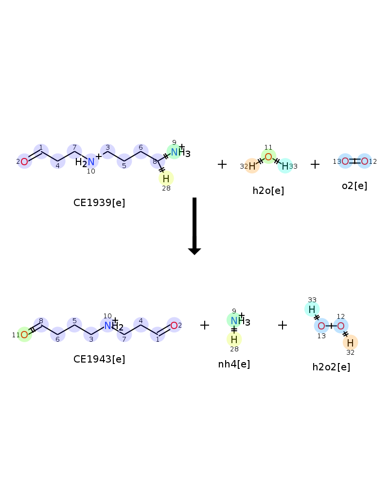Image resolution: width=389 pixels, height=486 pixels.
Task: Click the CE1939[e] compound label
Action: click(x=99, y=203)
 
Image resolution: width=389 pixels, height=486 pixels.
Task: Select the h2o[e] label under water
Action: click(x=268, y=191)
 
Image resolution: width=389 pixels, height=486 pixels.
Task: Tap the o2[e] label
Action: click(x=354, y=186)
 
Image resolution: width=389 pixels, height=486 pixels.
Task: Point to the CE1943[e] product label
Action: click(x=99, y=359)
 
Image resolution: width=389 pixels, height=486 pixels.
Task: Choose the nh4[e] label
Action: click(x=234, y=364)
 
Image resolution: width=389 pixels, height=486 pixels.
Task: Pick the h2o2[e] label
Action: click(x=331, y=367)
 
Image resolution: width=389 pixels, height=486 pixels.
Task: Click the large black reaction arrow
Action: click(x=194, y=226)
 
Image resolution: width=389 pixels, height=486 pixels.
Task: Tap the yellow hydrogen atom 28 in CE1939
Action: click(x=166, y=178)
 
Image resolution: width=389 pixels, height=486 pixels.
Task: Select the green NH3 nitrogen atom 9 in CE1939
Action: click(x=175, y=152)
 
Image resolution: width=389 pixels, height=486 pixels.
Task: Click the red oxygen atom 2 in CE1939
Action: click(x=24, y=161)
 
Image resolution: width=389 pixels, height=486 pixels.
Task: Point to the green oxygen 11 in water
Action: click(x=268, y=156)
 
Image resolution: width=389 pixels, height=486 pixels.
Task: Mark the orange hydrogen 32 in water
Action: click(x=252, y=166)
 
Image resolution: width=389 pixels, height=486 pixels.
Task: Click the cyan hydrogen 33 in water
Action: click(x=285, y=166)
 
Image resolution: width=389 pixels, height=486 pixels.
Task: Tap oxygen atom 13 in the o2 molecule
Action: click(x=345, y=161)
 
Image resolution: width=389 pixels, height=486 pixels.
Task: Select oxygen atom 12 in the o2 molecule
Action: click(x=365, y=161)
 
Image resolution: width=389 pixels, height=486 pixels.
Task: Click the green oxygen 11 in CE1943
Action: click(x=24, y=334)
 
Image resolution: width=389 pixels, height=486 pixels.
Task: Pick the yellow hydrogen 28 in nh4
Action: click(x=234, y=339)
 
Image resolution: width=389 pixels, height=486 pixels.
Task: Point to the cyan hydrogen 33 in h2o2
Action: click(x=312, y=309)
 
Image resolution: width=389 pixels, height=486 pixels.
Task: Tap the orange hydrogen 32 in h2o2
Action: click(x=350, y=343)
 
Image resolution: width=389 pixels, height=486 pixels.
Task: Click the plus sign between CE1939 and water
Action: click(x=222, y=164)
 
